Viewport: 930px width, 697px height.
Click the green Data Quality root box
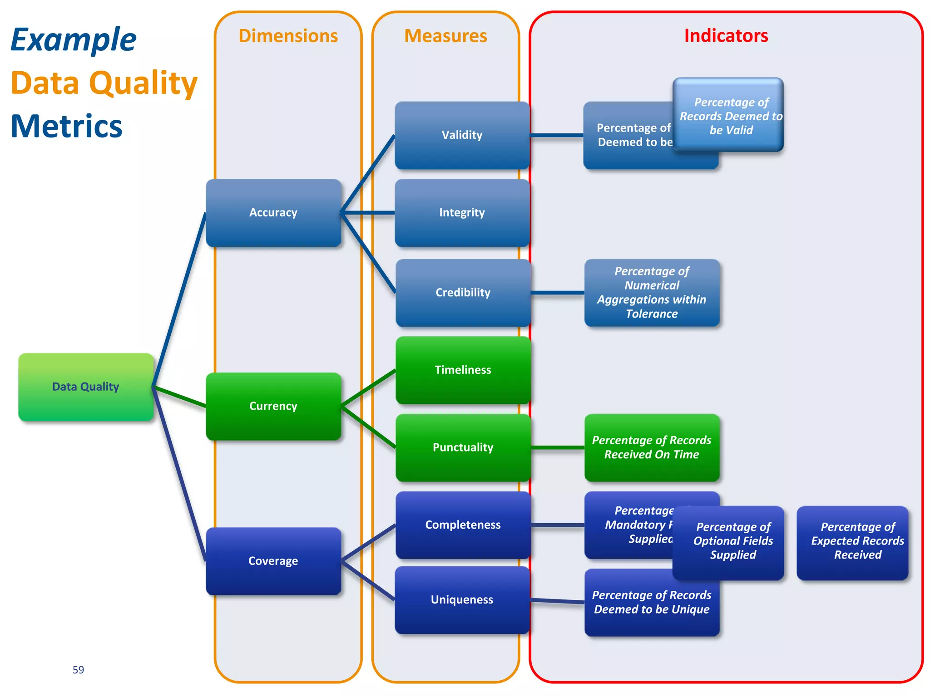86,387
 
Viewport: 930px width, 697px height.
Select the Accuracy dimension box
273,212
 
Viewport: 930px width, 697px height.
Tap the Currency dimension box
273,406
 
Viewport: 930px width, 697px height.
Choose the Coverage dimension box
273,561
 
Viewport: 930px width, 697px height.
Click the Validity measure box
462,135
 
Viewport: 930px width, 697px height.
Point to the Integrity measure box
462,212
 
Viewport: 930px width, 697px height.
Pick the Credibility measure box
463,292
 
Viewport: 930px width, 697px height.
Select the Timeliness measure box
463,370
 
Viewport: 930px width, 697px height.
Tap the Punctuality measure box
463,447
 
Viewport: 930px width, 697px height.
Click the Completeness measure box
463,525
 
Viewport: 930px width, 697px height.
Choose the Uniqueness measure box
462,599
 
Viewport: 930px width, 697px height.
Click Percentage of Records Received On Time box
652,447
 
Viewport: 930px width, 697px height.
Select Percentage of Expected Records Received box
853,541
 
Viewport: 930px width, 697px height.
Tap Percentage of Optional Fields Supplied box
732,541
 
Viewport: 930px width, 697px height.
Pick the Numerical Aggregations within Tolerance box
652,292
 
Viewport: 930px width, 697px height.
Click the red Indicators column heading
726,36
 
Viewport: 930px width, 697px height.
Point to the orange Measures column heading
445,36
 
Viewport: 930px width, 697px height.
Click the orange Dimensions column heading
288,36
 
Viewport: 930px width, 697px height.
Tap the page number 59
78,670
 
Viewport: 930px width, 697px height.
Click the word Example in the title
73,39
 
